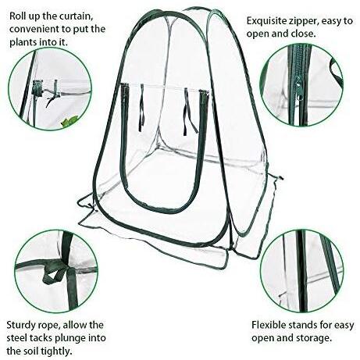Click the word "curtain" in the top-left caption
pyautogui.click(x=76, y=16)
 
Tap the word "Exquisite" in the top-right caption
pyautogui.click(x=267, y=21)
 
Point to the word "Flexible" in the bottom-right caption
pyautogui.click(x=270, y=325)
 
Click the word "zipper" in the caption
pyautogui.click(x=304, y=21)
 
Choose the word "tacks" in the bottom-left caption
pyautogui.click(x=41, y=338)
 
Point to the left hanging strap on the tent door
pyautogui.click(x=142, y=107)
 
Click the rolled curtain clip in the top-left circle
pyautogui.click(x=38, y=87)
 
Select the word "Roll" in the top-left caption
pyautogui.click(x=18, y=16)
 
